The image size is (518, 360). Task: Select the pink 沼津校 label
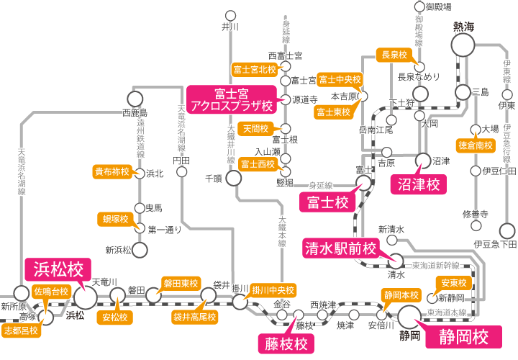click(419, 184)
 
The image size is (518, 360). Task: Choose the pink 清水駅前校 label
click(340, 248)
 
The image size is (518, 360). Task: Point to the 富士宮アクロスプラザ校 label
click(232, 99)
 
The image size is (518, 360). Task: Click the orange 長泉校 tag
click(394, 55)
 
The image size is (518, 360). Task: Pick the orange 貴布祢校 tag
click(112, 172)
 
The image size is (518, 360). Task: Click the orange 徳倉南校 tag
click(476, 145)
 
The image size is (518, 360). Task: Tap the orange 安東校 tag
click(455, 282)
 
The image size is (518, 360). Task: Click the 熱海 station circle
click(464, 45)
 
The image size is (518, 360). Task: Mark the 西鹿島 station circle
click(134, 99)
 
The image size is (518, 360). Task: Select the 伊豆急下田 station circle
click(507, 230)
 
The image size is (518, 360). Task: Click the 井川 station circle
click(230, 14)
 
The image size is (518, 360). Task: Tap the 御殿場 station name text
click(438, 6)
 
